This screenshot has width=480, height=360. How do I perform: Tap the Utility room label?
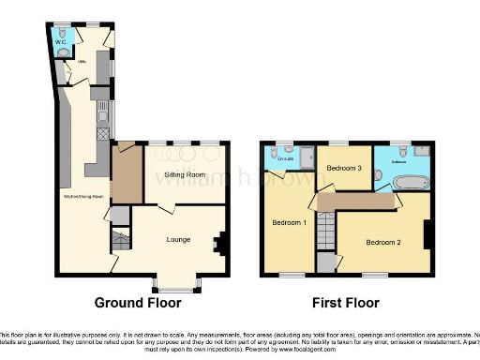click(x=68, y=67)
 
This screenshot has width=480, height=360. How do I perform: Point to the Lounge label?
click(x=178, y=240)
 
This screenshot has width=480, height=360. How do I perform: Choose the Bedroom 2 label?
click(x=383, y=242)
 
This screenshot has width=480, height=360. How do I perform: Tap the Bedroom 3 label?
click(x=344, y=168)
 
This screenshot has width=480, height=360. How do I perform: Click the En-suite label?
click(x=286, y=159)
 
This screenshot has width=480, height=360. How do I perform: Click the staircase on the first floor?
click(x=325, y=230)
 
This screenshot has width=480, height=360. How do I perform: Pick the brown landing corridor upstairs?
click(x=356, y=202)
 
